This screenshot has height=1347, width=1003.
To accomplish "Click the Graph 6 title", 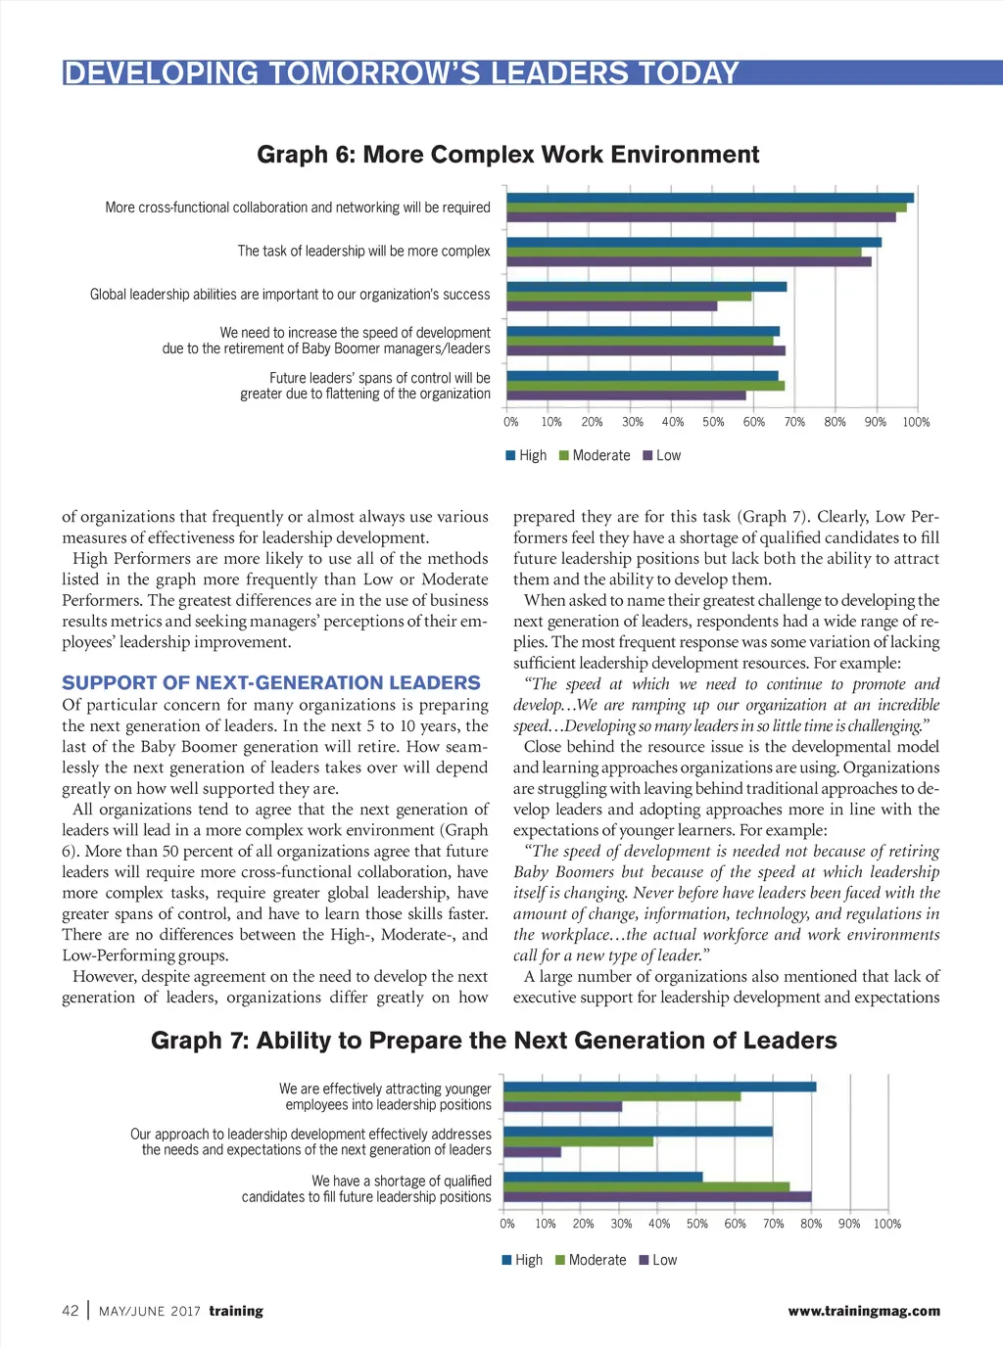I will pyautogui.click(x=507, y=155).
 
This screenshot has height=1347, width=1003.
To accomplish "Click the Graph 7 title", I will pyautogui.click(x=494, y=1041).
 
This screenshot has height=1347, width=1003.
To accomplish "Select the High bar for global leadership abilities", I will pyautogui.click(x=646, y=287).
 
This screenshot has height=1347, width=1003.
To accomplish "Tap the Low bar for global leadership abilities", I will pyautogui.click(x=611, y=306).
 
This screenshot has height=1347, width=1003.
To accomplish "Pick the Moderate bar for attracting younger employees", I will pyautogui.click(x=622, y=1096).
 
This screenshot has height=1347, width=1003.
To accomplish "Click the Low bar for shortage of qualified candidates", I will pyautogui.click(x=657, y=1196).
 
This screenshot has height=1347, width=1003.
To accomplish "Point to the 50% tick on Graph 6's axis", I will pyautogui.click(x=713, y=422).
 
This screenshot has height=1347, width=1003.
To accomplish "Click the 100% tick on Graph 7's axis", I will pyautogui.click(x=886, y=1224).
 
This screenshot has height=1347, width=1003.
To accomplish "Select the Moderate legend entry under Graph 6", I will pyautogui.click(x=595, y=455).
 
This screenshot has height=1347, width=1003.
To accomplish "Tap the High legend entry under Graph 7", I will pyautogui.click(x=522, y=1260).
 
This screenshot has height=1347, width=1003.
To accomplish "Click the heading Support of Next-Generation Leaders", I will pyautogui.click(x=271, y=683).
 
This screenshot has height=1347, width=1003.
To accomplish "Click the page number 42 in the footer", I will pyautogui.click(x=71, y=1311).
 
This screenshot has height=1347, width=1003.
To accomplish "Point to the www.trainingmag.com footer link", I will pyautogui.click(x=863, y=1311).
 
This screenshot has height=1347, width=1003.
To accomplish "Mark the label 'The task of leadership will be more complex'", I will pyautogui.click(x=363, y=252).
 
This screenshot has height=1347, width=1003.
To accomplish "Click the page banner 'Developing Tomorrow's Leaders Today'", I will pyautogui.click(x=402, y=73).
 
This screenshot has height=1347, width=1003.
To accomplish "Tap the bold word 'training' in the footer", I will pyautogui.click(x=236, y=1311).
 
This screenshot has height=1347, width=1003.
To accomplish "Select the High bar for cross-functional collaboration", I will pyautogui.click(x=709, y=198).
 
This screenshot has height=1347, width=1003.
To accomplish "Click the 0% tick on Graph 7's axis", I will pyautogui.click(x=507, y=1224).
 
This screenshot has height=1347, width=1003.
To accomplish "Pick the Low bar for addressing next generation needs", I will pyautogui.click(x=532, y=1152).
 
